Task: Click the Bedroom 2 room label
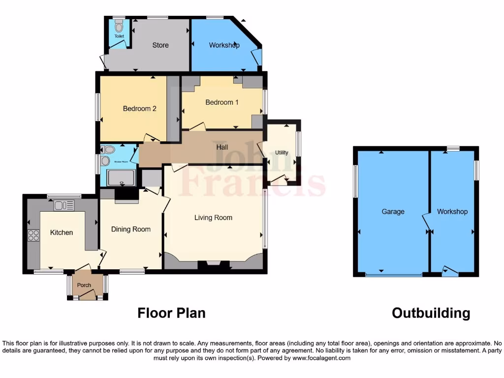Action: pos(139,108)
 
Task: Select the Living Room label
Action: pos(213,218)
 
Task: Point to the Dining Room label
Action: pos(131,229)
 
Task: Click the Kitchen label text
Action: pos(62,232)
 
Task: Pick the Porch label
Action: pos(84,285)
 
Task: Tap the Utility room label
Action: pos(282,153)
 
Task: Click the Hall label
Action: pos(222,146)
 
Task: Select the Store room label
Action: pos(160,45)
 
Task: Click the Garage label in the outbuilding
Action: pos(393,212)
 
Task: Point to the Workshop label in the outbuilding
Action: pos(452,212)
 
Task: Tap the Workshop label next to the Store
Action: pos(224,45)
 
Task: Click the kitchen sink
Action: pos(63,205)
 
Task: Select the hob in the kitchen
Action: pos(33,236)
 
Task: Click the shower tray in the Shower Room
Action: pos(121,178)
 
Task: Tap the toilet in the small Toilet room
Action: pos(119,27)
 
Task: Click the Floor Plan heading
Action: pos(171,313)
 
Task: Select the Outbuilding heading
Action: pos(431,313)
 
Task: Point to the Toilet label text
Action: pos(119,36)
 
